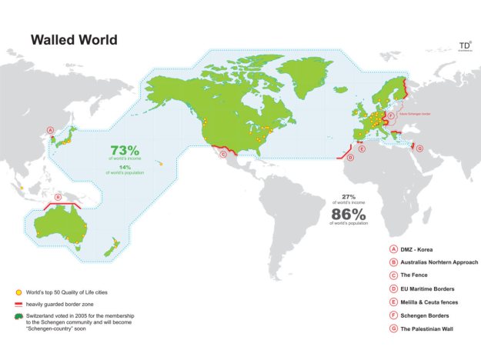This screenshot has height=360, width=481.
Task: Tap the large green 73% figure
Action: point(123,150)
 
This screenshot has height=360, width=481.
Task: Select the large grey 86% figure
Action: point(347,213)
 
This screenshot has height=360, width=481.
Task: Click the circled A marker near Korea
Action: point(51,131)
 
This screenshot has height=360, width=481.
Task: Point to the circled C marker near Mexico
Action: point(223,154)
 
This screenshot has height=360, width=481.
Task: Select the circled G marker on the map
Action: point(419,148)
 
